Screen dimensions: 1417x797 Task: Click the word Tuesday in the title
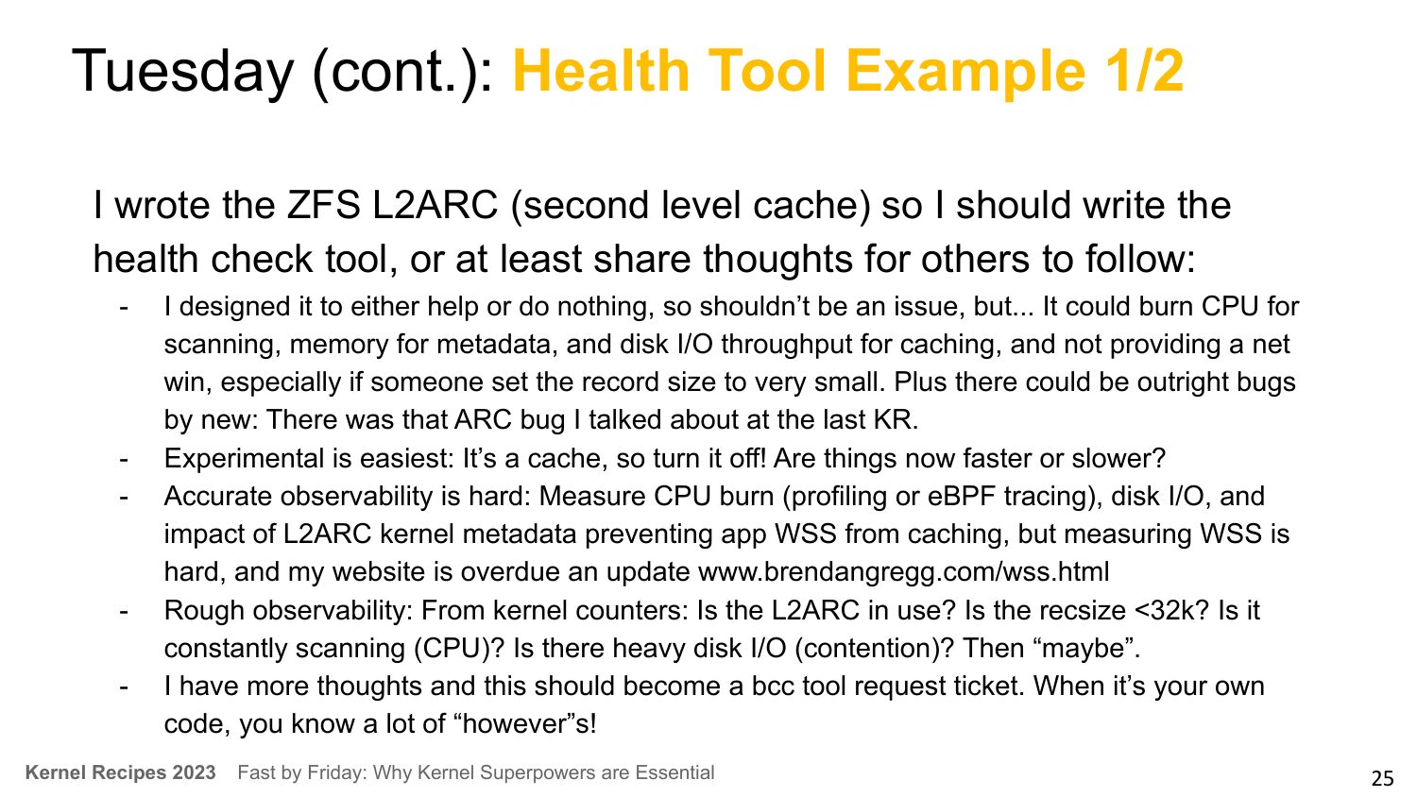pos(182,73)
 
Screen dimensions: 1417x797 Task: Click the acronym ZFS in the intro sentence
pos(323,205)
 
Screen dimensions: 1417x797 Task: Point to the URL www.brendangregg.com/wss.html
pos(903,572)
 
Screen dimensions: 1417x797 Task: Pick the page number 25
pos(1382,778)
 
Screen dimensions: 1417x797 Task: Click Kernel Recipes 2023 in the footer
pos(120,772)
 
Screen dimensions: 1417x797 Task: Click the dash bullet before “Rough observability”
pos(124,612)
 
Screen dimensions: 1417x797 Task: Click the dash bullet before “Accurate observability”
pos(124,498)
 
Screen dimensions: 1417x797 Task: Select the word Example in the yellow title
pos(965,73)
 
